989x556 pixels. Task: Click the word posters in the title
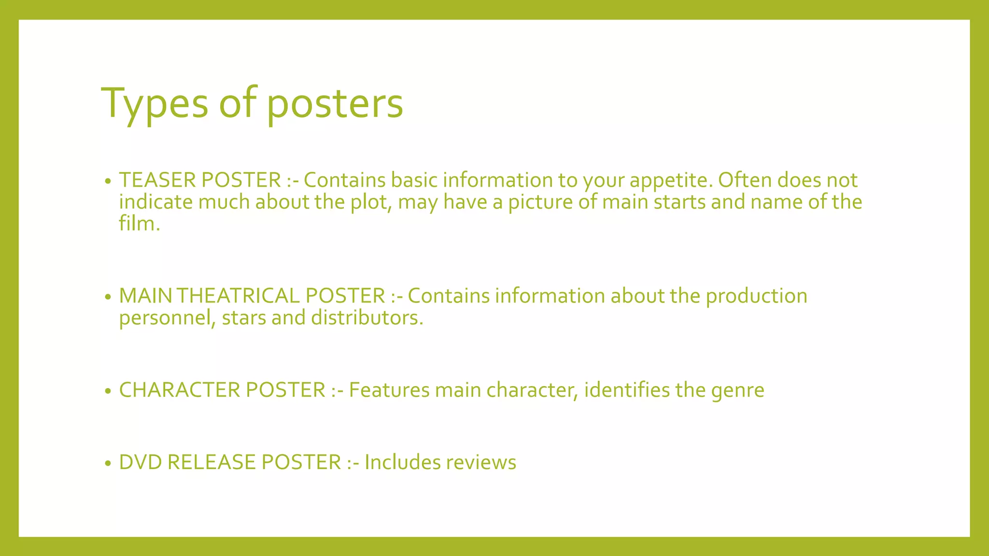[335, 103]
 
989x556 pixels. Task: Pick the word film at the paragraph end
[137, 223]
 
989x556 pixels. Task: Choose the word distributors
[367, 318]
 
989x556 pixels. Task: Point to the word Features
[389, 390]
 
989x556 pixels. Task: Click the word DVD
[140, 462]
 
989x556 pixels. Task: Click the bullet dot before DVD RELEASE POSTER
[108, 464]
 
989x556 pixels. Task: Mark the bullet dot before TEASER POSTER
[108, 181]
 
